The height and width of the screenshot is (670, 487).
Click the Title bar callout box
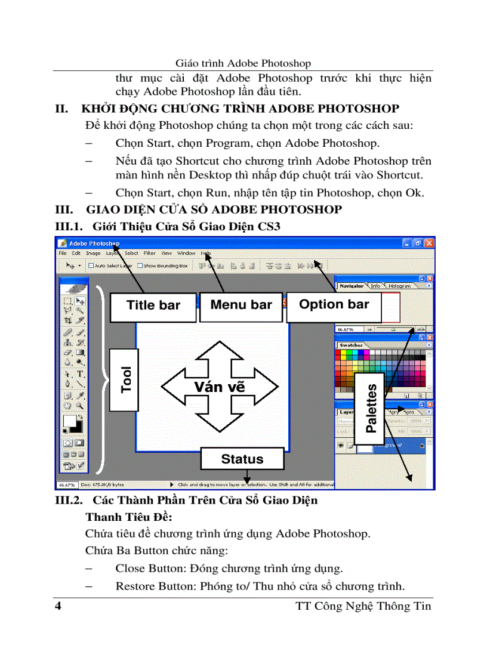pyautogui.click(x=153, y=306)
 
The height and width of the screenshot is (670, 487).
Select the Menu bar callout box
pyautogui.click(x=241, y=305)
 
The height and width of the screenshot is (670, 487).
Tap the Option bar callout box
pyautogui.click(x=334, y=305)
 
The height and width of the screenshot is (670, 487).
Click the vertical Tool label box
pyautogui.click(x=126, y=379)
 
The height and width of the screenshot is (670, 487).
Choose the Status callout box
pyautogui.click(x=242, y=459)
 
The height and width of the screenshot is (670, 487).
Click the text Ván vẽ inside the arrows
pyautogui.click(x=219, y=387)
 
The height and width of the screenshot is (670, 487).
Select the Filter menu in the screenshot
pyautogui.click(x=149, y=254)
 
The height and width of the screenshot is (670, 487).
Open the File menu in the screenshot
pyautogui.click(x=63, y=254)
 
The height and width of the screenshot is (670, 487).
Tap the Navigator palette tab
pyautogui.click(x=351, y=286)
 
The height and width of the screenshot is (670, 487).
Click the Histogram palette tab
pyautogui.click(x=399, y=286)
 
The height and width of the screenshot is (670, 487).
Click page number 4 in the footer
pyautogui.click(x=58, y=607)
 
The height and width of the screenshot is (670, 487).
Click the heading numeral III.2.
pyautogui.click(x=69, y=501)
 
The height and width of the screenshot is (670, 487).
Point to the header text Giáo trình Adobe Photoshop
pyautogui.click(x=243, y=63)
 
